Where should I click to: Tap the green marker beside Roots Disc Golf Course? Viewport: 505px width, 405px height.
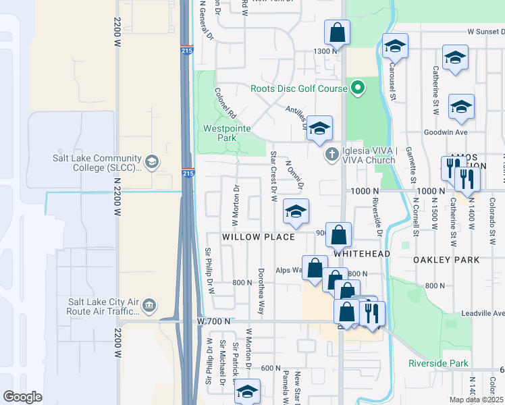pyautogui.click(x=358, y=87)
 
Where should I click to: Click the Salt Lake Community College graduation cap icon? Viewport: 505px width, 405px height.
pyautogui.click(x=152, y=161)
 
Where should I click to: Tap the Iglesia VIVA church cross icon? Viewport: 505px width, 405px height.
pyautogui.click(x=331, y=155)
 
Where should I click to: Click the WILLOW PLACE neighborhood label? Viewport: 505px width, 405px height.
pyautogui.click(x=259, y=237)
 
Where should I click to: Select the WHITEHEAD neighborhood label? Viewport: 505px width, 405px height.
pyautogui.click(x=362, y=253)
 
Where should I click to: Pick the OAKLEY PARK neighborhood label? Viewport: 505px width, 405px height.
pyautogui.click(x=447, y=260)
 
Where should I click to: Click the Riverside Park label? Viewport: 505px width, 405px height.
pyautogui.click(x=438, y=363)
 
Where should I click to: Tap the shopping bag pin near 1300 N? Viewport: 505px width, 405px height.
pyautogui.click(x=337, y=32)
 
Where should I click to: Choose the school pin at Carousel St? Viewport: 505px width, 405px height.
pyautogui.click(x=395, y=46)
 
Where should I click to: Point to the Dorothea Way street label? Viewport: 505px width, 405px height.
pyautogui.click(x=260, y=290)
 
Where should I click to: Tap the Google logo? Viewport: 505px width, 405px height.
pyautogui.click(x=22, y=396)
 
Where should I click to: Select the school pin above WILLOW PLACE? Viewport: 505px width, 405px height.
pyautogui.click(x=296, y=212)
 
